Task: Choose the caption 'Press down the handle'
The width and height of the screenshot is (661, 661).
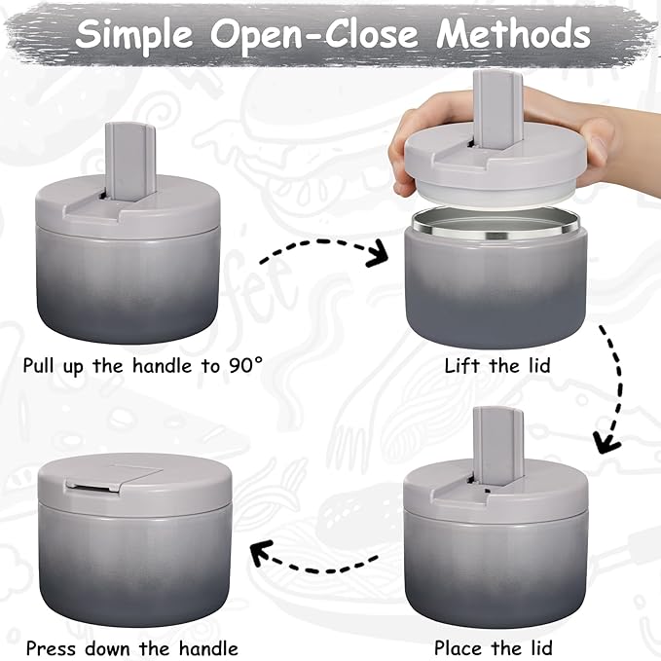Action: pyautogui.click(x=131, y=647)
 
